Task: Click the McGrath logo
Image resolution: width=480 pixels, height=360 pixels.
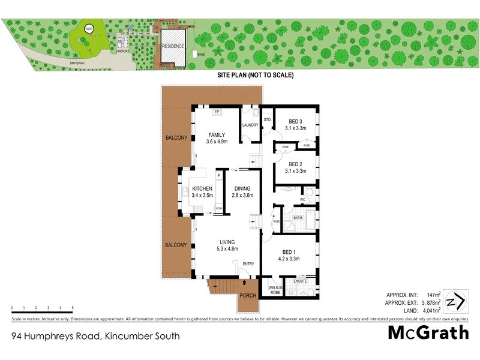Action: pos(428,332)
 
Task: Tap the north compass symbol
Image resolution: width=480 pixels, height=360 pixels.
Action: pos(458,299)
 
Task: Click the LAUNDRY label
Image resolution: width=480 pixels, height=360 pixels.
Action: pos(250,125)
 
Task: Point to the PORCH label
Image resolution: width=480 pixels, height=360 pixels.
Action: pos(248,295)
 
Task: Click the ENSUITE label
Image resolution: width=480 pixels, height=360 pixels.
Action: pos(301,281)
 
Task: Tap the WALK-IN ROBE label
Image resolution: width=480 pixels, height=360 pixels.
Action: pos(276,290)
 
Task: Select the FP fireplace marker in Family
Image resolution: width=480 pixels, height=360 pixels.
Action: pos(216,112)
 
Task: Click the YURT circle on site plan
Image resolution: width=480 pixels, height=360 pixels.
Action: pos(89,29)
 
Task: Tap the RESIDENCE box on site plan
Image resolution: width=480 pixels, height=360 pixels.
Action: pos(172,46)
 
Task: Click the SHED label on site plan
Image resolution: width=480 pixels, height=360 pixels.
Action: pos(201,54)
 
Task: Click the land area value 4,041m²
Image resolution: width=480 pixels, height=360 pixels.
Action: pos(429,310)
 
